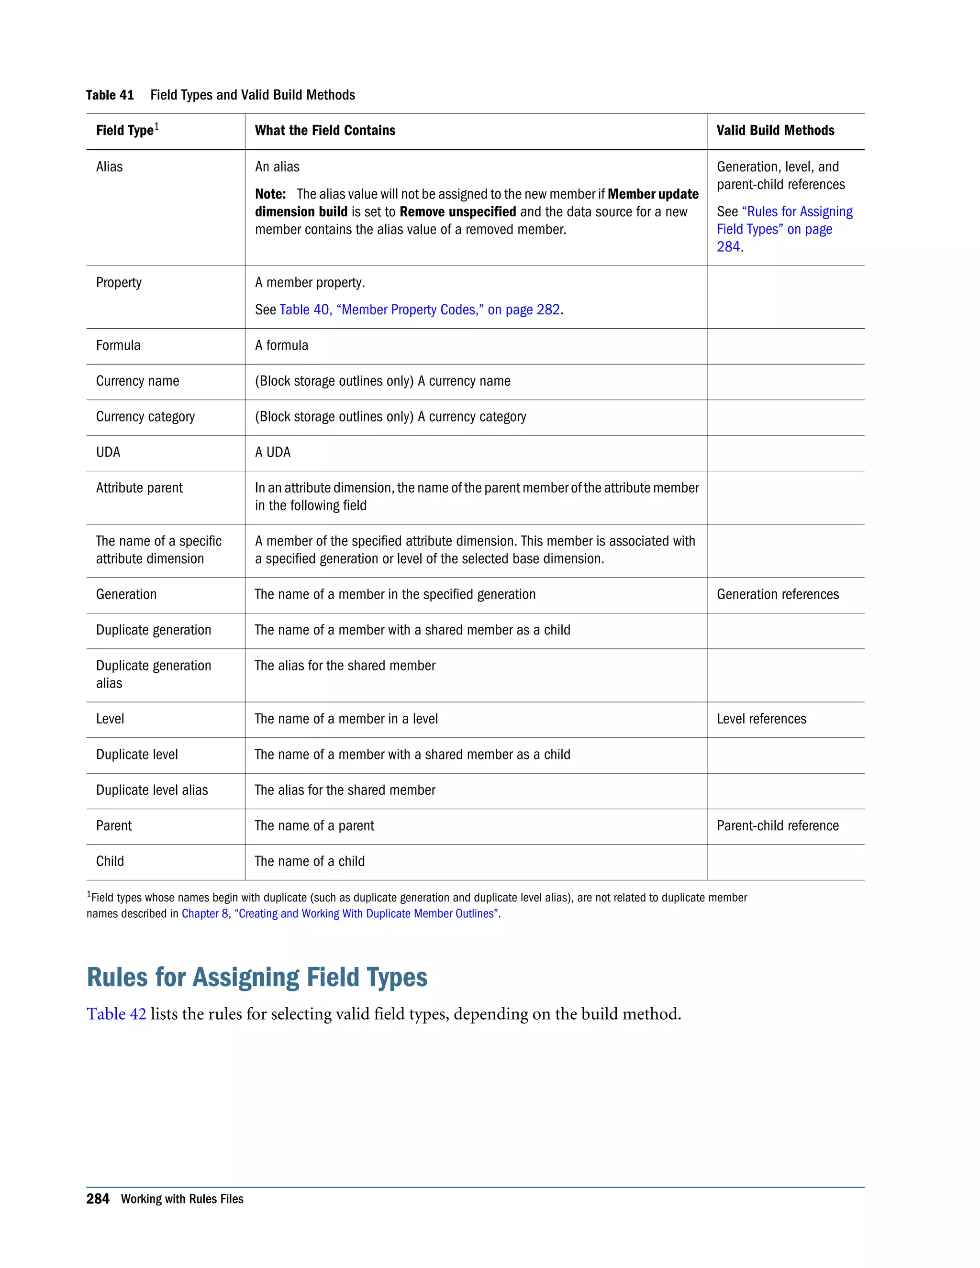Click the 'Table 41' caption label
tap(110, 95)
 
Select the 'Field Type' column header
tap(125, 131)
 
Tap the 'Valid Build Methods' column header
tap(775, 131)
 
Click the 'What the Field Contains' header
tap(324, 131)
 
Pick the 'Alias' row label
tap(109, 167)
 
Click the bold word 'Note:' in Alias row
tap(270, 194)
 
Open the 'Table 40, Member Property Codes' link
tap(419, 310)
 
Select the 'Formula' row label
tap(118, 346)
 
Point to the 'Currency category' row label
tap(145, 417)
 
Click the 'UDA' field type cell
tap(108, 453)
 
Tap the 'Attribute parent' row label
tap(139, 488)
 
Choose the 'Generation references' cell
tap(778, 594)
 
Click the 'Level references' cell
tap(761, 719)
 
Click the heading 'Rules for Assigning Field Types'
tap(256, 977)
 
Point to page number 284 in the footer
tap(98, 1200)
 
